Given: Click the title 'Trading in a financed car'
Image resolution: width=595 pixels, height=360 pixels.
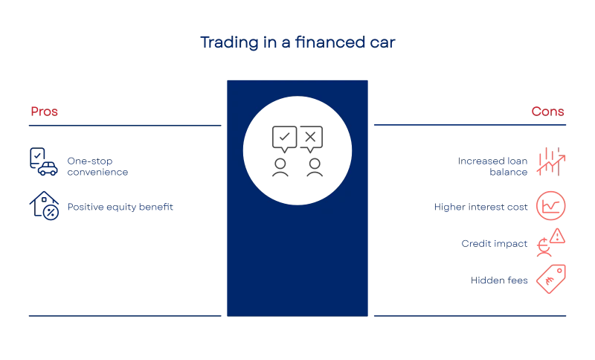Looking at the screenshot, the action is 297,42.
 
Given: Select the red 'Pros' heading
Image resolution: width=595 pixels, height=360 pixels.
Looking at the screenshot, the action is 45,112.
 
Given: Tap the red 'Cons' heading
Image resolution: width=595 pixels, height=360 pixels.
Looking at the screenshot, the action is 547,112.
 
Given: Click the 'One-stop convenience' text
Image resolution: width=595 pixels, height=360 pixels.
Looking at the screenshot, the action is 97,167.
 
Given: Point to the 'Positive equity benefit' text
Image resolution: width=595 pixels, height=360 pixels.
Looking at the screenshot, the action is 120,207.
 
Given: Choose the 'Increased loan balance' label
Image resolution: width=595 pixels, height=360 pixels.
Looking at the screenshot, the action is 492,167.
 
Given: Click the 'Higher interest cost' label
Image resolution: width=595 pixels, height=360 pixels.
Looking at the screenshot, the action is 480,207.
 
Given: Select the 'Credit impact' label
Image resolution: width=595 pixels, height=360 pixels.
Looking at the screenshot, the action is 495,243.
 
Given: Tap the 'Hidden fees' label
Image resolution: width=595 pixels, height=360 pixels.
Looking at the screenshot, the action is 499,280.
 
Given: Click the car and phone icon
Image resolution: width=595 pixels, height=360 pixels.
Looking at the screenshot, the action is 44,161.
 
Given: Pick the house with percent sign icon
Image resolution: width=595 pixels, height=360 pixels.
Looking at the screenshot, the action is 44,205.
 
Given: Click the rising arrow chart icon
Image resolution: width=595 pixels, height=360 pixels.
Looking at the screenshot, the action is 551,161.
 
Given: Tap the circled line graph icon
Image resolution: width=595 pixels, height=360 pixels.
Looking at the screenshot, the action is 550,206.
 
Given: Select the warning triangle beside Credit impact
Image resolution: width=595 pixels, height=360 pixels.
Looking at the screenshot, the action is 557,236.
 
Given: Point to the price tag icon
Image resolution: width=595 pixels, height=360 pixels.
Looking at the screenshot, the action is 551,279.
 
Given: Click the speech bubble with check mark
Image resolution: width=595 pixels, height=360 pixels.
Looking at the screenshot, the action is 284,139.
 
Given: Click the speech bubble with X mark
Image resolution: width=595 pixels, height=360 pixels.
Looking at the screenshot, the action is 311,139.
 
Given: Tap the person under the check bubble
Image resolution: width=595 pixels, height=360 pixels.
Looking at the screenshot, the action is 280,167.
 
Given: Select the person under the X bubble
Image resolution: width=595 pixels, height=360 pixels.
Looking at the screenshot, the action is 315,167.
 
